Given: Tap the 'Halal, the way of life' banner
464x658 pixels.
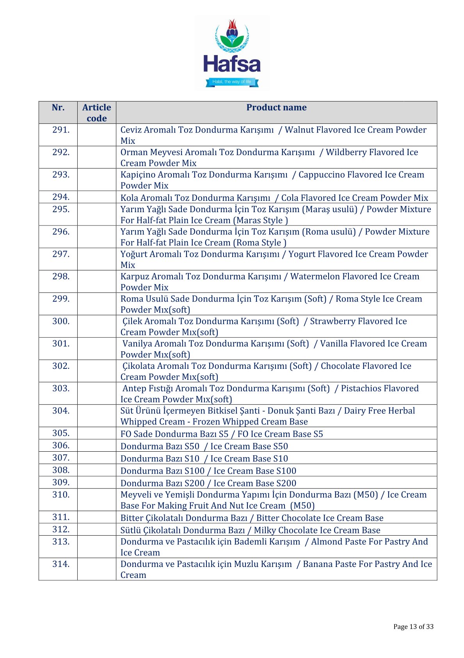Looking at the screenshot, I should point(232,82).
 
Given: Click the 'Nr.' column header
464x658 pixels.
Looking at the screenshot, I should point(58,107).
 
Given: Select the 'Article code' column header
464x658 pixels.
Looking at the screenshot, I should point(96,113).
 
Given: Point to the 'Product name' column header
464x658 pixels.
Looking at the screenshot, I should point(276,107).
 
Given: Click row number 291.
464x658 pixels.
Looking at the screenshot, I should point(61,130).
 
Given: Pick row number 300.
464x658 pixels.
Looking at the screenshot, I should point(61,321).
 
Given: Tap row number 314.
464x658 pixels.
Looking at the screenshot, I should point(61,564).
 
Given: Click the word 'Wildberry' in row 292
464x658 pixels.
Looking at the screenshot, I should point(345,152).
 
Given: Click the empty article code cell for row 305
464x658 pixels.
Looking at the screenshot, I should point(96,433).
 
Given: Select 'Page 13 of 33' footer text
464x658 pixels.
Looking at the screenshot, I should point(413,627).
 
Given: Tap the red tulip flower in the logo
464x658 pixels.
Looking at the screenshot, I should point(233,26).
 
